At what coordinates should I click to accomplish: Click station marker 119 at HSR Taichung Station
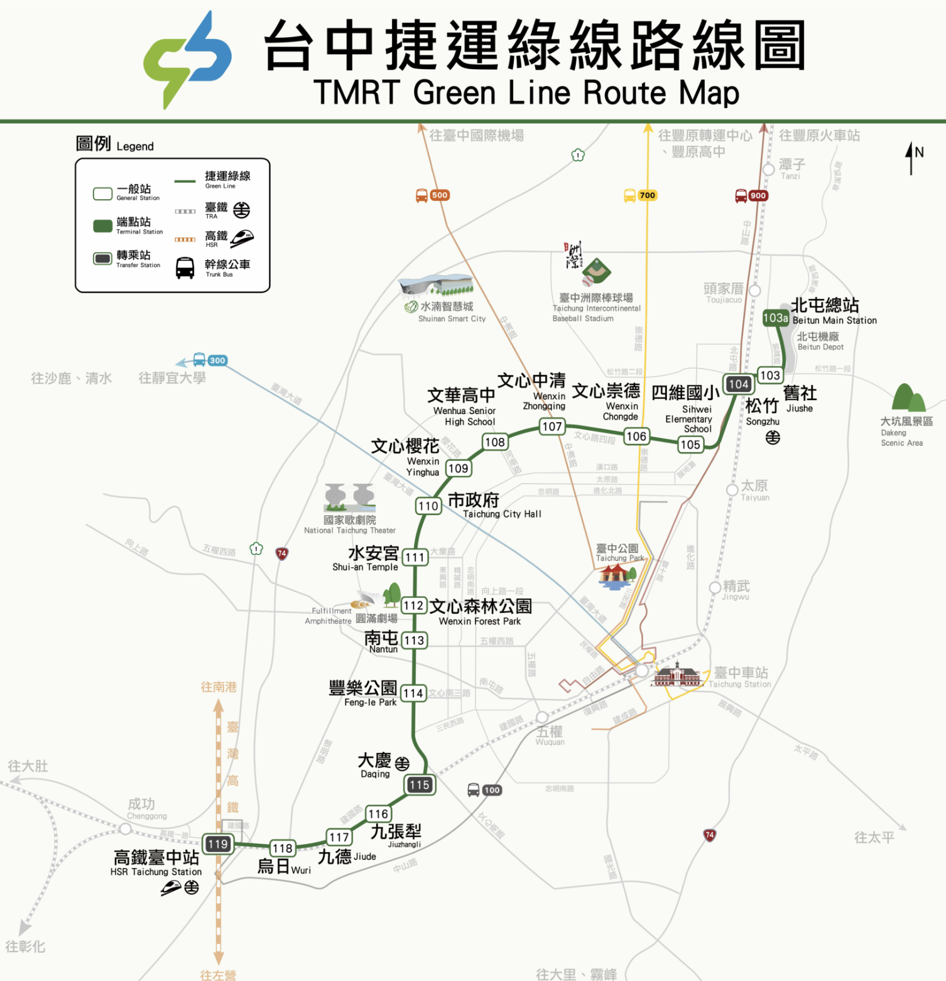(x=218, y=844)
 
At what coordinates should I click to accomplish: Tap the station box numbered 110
(x=428, y=506)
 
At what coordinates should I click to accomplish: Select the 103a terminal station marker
(x=776, y=318)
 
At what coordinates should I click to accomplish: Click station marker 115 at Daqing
(x=419, y=784)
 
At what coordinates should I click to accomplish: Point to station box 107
(x=552, y=426)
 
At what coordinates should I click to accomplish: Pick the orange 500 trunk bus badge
(x=440, y=195)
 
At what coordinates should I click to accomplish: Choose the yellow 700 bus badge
(x=647, y=195)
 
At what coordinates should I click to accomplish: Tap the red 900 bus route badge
(x=758, y=195)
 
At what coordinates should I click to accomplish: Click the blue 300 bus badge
(x=217, y=360)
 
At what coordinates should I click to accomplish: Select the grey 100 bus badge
(x=492, y=790)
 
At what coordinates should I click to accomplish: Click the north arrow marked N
(x=911, y=157)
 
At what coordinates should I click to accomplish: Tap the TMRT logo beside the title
(x=187, y=60)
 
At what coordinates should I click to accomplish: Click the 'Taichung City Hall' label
(x=502, y=514)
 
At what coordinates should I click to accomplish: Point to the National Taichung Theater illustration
(x=350, y=498)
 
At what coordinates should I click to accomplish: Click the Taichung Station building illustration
(x=677, y=675)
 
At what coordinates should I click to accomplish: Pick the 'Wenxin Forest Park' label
(x=480, y=621)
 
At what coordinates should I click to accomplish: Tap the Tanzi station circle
(x=768, y=170)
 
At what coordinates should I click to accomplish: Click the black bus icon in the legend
(x=185, y=268)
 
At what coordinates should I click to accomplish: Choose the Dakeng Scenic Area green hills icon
(x=908, y=398)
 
